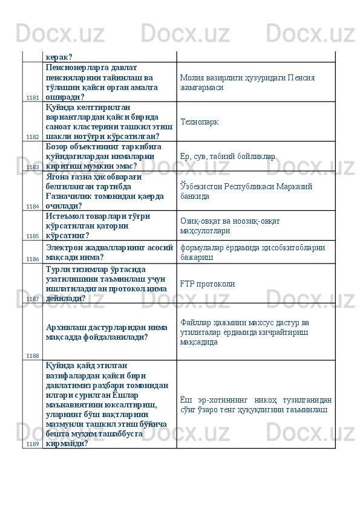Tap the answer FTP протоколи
click(206, 284)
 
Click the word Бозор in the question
click(58, 146)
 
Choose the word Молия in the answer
click(193, 78)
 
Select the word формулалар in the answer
click(204, 247)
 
